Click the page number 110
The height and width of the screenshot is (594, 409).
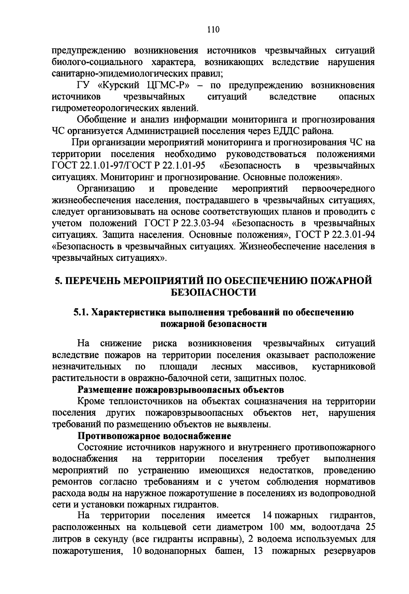tap(213, 30)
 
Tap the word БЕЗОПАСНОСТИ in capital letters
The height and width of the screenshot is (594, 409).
tap(213, 292)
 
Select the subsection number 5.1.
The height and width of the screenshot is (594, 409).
tap(81, 312)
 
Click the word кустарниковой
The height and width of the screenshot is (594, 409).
tap(343, 367)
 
